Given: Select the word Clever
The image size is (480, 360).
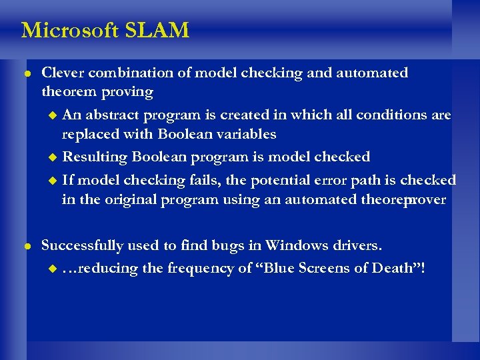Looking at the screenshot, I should point(64,73).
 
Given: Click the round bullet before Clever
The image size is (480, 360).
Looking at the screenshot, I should point(26,73).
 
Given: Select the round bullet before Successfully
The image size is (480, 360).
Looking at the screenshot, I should point(26,245).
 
